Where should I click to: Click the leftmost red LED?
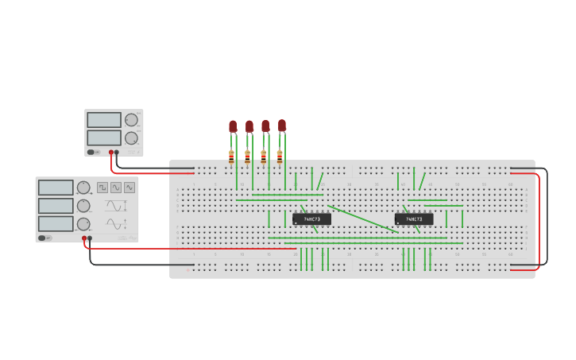click(233, 126)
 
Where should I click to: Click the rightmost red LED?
click(281, 125)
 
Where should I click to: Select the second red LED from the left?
click(249, 126)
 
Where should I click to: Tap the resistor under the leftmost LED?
click(231, 155)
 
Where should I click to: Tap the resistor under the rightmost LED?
click(280, 155)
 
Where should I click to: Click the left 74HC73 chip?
click(311, 219)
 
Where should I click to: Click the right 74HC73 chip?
click(414, 219)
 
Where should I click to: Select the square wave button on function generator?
click(102, 188)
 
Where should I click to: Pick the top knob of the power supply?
click(131, 120)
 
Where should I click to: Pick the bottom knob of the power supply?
click(131, 137)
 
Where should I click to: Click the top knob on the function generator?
click(83, 188)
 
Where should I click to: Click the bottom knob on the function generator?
click(83, 224)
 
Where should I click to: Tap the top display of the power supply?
click(104, 120)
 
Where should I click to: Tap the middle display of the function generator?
click(56, 206)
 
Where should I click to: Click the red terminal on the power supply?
click(111, 152)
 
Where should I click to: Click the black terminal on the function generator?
click(90, 238)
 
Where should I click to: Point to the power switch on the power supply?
click(92, 152)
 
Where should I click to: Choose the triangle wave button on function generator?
click(129, 188)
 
